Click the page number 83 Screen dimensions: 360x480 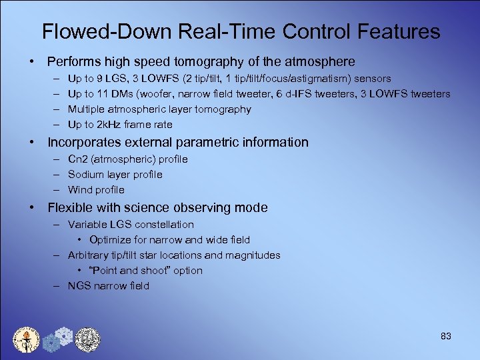pos(446,336)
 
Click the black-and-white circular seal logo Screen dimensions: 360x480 pos(87,339)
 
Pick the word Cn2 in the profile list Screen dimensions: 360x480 pos(77,159)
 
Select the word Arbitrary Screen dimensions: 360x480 pos(89,255)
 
